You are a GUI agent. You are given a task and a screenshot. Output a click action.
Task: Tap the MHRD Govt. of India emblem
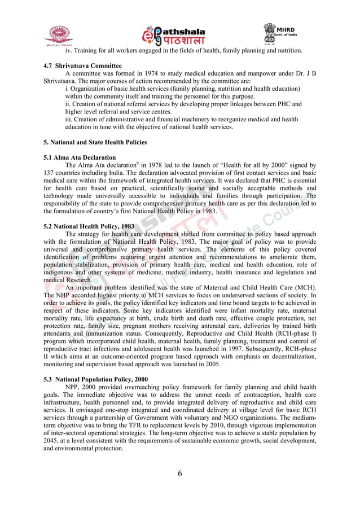coord(280,34)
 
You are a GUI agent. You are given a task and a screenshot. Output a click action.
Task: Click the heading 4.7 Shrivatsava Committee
coord(82,66)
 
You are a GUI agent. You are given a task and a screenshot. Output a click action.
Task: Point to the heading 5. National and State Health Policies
coord(95,142)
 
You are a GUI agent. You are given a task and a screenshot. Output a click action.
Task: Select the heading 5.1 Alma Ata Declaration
coord(80,157)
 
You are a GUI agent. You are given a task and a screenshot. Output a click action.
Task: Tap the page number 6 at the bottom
coord(180,473)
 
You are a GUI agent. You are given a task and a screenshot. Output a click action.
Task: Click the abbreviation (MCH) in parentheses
coord(304,287)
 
